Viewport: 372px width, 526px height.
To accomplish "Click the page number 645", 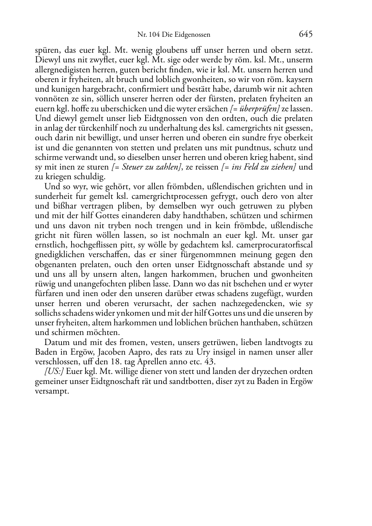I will pyautogui.click(x=306, y=34).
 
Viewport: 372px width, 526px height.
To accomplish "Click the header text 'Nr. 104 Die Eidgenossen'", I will pyautogui.click(x=174, y=35).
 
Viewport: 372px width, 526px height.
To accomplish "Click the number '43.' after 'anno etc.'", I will pyautogui.click(x=210, y=362).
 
